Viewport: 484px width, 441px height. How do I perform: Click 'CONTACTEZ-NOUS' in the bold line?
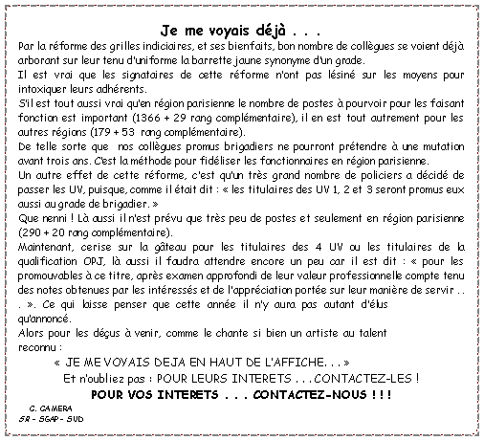(x=298, y=395)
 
